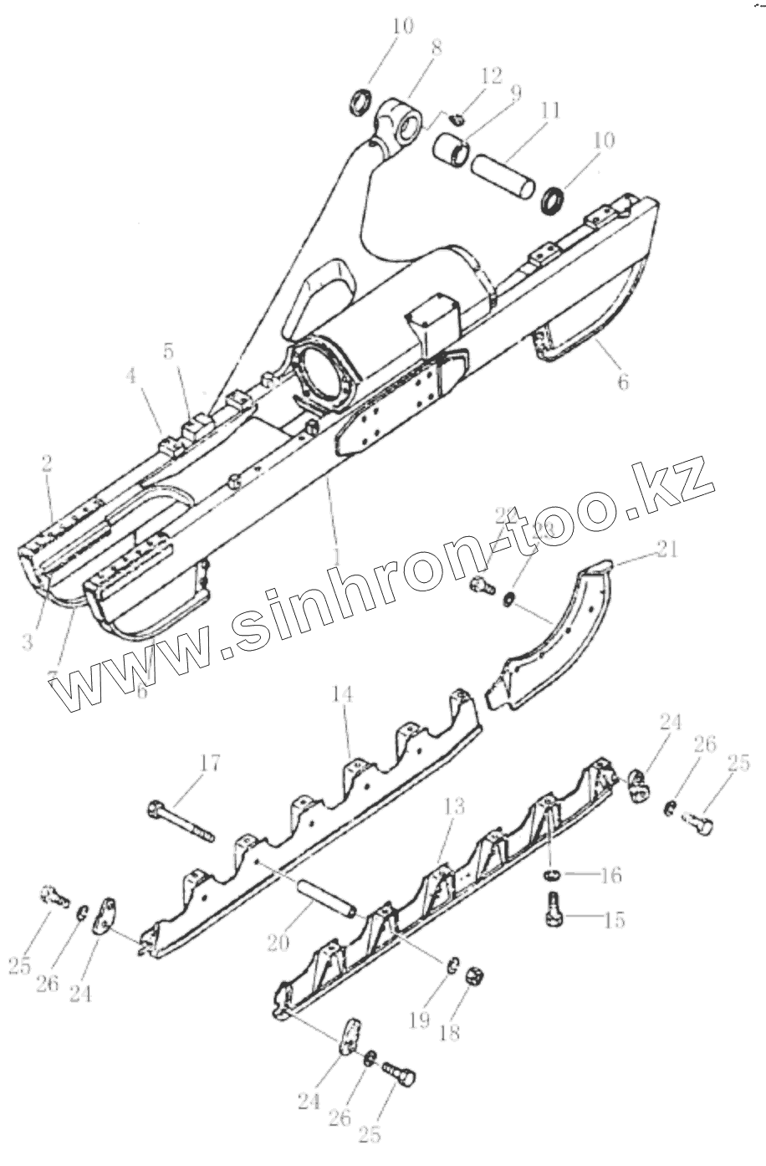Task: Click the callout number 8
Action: point(436,49)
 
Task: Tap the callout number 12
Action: point(491,75)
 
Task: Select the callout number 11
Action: point(549,111)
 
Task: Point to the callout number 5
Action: point(170,351)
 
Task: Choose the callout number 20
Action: point(278,942)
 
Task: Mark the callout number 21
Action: point(668,550)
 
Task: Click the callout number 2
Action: point(47,465)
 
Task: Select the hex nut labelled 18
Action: point(472,976)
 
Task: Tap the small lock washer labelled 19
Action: point(451,966)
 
